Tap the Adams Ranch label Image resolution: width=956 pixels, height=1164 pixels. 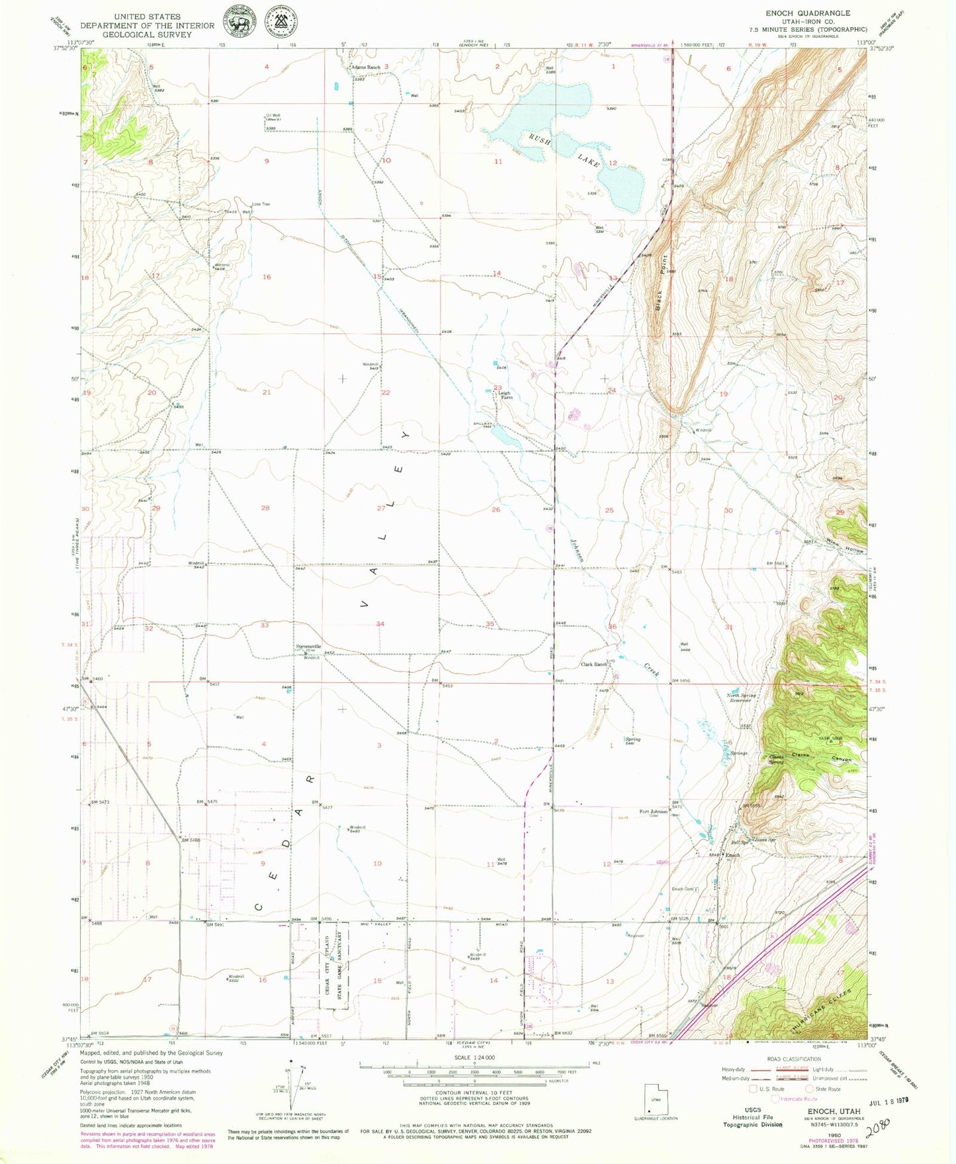click(365, 67)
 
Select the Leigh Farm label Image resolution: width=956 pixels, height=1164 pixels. click(505, 395)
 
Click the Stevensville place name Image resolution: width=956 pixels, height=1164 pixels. click(308, 646)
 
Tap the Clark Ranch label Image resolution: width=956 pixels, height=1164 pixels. click(593, 664)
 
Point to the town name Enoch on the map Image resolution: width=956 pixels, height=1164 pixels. click(732, 855)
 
